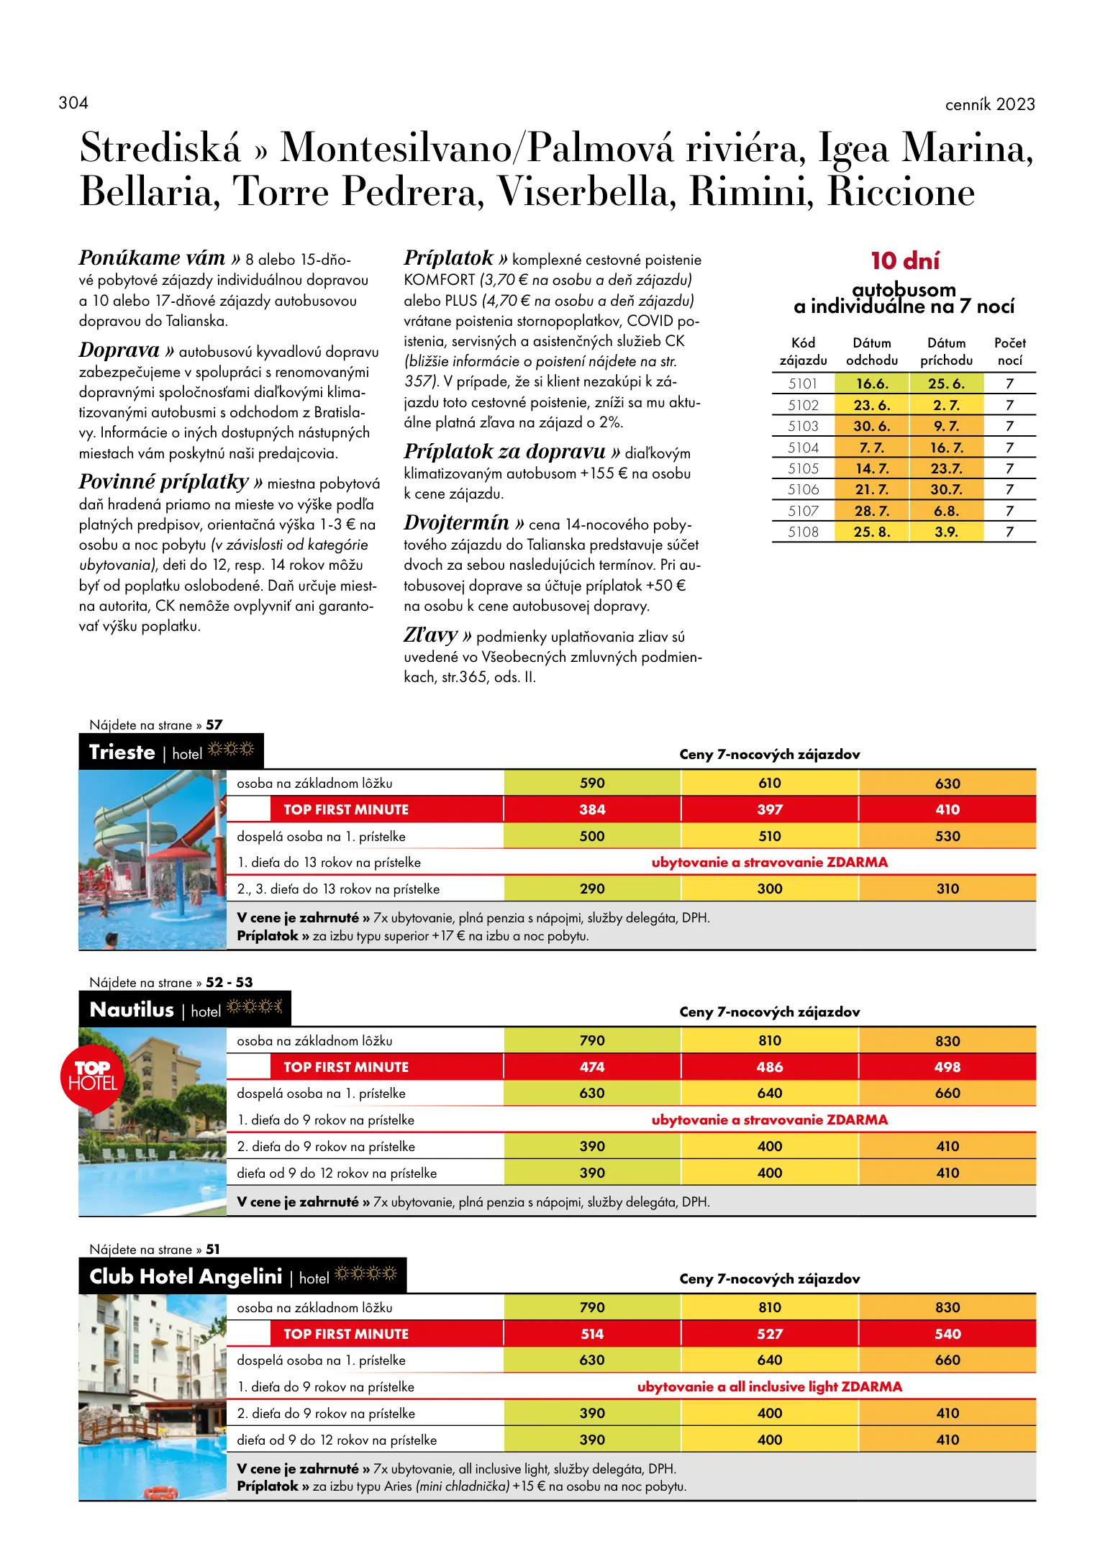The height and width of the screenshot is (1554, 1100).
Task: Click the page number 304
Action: point(73,103)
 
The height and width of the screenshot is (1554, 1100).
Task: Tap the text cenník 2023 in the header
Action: point(989,104)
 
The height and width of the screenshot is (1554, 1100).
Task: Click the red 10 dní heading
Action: point(904,260)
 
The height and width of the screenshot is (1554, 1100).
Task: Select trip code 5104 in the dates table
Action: point(802,447)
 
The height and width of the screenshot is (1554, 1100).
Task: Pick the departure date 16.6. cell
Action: point(871,383)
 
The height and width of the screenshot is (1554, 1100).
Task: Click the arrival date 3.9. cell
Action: point(945,532)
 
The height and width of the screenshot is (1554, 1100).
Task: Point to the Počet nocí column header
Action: point(1009,351)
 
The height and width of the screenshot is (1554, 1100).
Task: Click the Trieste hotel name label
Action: point(122,752)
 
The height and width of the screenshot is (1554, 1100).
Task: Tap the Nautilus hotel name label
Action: point(132,1009)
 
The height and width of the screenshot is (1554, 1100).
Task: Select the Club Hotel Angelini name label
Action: point(186,1276)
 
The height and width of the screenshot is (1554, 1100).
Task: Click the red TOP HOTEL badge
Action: point(92,1076)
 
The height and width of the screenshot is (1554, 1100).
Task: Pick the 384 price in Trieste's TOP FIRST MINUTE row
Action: point(591,809)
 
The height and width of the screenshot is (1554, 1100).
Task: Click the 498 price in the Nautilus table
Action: point(947,1067)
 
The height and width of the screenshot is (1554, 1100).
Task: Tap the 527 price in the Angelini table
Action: point(769,1334)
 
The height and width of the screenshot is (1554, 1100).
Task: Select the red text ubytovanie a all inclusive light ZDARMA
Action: point(769,1386)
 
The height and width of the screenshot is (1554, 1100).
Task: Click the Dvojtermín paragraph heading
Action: point(456,522)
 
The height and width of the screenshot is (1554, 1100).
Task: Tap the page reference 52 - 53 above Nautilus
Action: point(229,982)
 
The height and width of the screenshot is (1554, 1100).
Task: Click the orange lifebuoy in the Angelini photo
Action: point(160,1492)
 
